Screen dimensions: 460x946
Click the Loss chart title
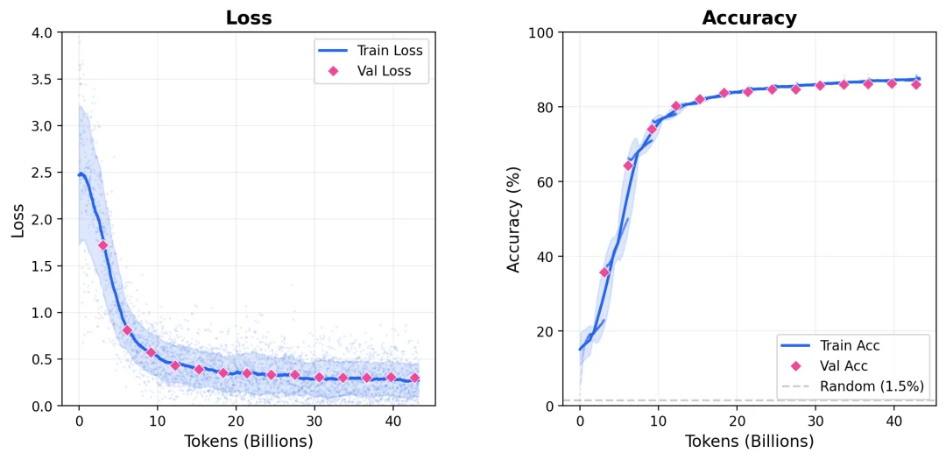click(248, 18)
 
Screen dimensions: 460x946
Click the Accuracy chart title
click(749, 18)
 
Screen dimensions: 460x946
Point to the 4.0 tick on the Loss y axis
click(43, 32)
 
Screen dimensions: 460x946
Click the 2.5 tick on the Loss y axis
click(43, 173)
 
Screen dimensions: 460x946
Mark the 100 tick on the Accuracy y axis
click(540, 32)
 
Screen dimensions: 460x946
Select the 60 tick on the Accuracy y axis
click(544, 182)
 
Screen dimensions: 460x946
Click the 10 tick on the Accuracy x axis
click(658, 420)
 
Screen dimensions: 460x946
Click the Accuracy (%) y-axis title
click(514, 219)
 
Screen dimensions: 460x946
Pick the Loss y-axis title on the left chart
click(18, 219)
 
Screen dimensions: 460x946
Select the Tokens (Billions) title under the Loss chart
click(248, 442)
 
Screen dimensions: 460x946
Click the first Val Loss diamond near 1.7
click(102, 245)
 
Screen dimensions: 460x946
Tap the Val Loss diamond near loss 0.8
click(127, 330)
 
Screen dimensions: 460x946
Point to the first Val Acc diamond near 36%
click(604, 272)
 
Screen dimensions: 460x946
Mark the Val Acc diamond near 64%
click(628, 166)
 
